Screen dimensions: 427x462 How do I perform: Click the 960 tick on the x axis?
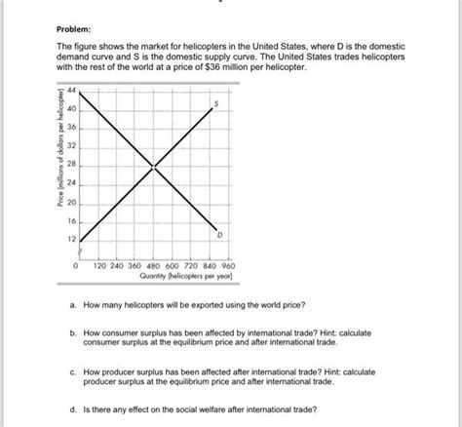228,264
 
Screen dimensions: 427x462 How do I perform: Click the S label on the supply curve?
218,103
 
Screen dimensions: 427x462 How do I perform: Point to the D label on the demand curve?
219,234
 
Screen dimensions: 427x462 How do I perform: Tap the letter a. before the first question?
73,305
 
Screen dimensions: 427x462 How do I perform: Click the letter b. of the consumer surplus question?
73,332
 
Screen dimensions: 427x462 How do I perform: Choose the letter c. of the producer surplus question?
73,371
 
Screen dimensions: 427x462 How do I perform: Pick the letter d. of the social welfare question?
73,410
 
